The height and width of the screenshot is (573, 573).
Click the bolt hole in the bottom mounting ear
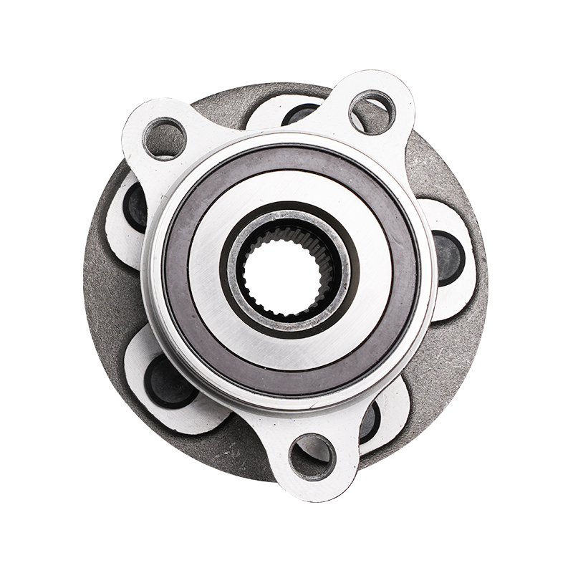coord(312,452)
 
